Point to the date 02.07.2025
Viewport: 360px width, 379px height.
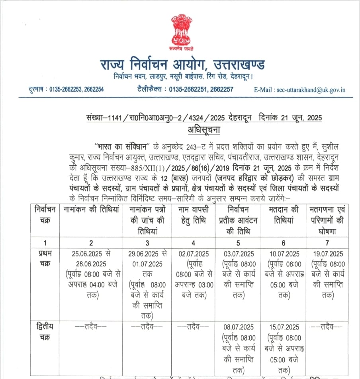pos(194,254)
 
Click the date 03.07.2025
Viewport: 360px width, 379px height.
pos(238,254)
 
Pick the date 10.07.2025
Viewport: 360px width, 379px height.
pos(284,254)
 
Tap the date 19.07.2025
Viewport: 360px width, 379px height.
pos(327,254)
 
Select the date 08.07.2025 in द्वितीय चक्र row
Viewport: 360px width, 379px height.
pos(238,327)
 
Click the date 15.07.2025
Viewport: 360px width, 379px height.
pos(284,327)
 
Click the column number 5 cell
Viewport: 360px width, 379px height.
pos(238,242)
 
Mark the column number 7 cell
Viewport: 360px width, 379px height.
pos(327,242)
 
